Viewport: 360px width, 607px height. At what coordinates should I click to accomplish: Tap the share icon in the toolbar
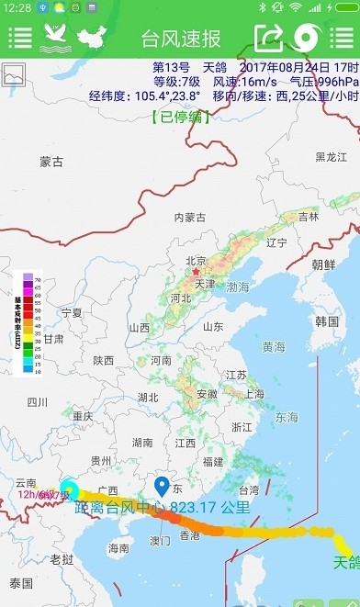coord(269,38)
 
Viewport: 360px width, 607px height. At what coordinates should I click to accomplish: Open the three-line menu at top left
coord(19,38)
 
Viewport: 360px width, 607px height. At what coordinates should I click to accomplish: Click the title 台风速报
coord(181,39)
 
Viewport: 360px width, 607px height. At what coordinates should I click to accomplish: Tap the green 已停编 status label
coord(180,117)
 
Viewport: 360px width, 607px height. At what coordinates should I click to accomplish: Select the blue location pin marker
coord(162,487)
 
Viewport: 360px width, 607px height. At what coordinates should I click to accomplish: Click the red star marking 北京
coord(195,272)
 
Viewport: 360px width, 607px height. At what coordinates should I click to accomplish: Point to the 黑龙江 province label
coord(332,157)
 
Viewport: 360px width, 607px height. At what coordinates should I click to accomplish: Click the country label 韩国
coord(327,321)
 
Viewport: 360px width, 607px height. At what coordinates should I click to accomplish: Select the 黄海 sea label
coord(274,347)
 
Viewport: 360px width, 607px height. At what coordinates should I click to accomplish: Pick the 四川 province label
coord(37,401)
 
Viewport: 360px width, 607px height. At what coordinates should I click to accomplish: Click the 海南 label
coord(118,548)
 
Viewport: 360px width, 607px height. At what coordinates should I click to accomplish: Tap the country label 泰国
coord(21,583)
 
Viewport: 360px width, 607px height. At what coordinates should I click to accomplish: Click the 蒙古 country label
coord(51,163)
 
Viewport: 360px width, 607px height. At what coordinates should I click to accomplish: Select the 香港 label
coord(190,535)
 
